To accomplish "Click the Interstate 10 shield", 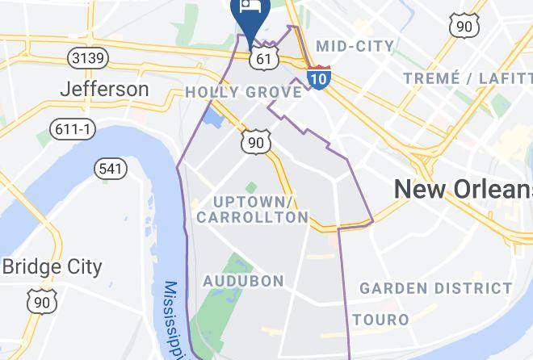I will point(318,77).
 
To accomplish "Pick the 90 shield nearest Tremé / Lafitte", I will point(464,26).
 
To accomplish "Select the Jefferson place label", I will point(105,89).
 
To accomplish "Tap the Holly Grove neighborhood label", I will point(243,92).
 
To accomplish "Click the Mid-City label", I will point(355,46).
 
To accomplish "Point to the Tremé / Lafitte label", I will point(467,77).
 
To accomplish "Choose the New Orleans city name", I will point(463,190).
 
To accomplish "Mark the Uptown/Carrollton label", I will point(253,209).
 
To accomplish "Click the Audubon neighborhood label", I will point(243,281).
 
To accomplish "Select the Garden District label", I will point(435,288).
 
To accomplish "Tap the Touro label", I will point(380,320).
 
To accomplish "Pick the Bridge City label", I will point(52,267).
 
